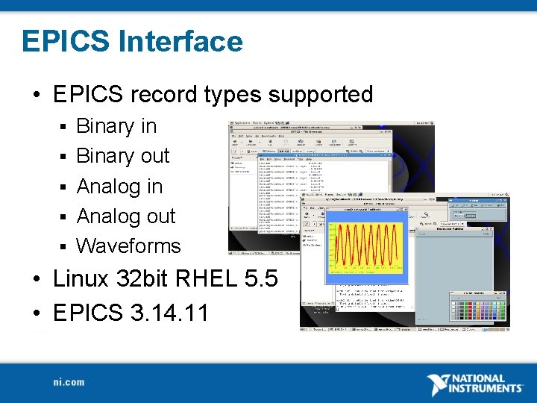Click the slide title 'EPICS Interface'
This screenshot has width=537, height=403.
[132, 41]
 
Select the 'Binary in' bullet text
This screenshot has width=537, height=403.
[116, 126]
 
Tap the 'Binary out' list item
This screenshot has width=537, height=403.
[123, 156]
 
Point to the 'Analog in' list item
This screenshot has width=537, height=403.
[119, 186]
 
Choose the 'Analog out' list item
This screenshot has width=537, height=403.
[126, 216]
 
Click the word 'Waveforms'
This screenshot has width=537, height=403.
[128, 246]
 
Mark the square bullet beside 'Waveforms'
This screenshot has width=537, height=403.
[65, 246]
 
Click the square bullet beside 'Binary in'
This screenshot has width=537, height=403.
[65, 127]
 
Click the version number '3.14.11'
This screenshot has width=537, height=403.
[169, 312]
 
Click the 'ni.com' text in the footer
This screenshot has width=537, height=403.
[69, 382]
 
